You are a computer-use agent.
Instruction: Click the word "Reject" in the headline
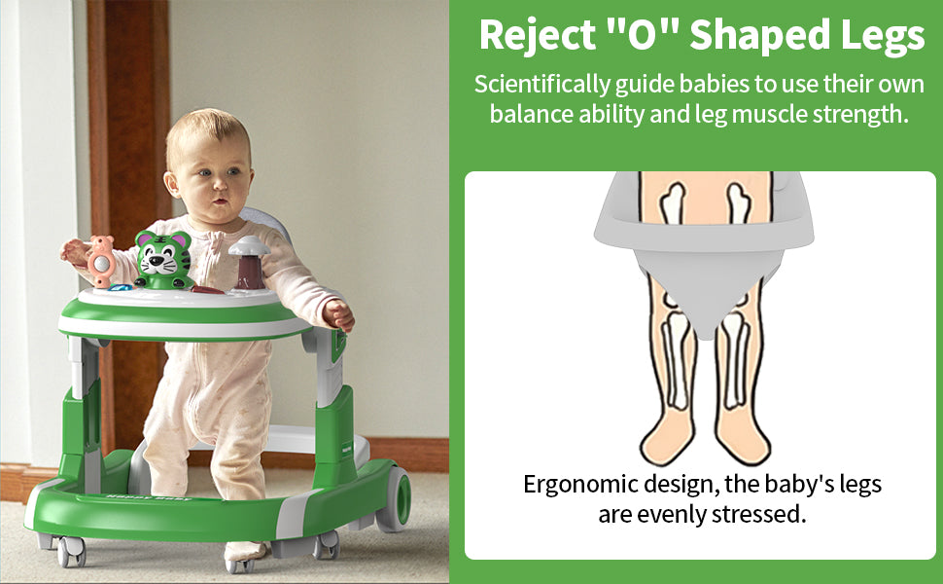point(537,35)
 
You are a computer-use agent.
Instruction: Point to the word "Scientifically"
point(541,85)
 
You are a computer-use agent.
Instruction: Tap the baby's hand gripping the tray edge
point(338,314)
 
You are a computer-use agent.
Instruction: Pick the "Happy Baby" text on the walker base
point(148,497)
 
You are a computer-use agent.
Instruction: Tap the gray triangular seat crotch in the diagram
point(705,290)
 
